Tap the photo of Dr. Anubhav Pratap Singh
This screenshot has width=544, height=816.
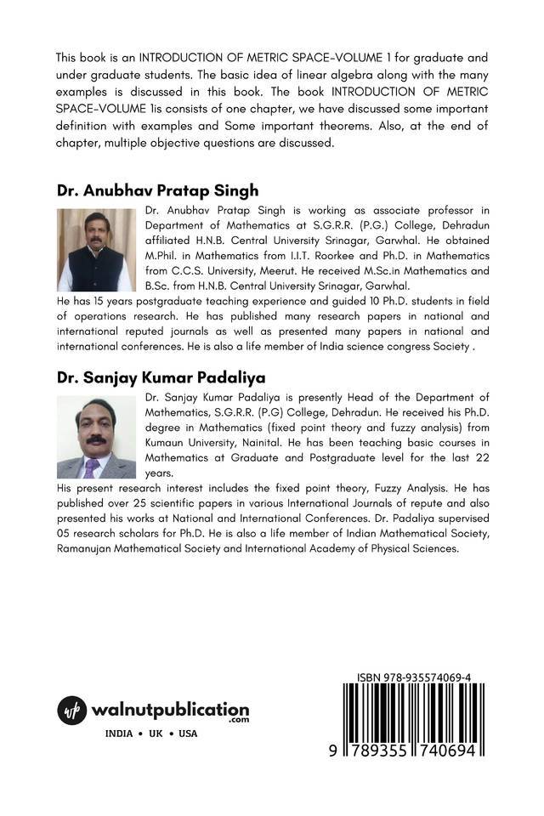click(x=96, y=250)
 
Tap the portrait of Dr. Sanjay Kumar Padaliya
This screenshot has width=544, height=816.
click(x=96, y=437)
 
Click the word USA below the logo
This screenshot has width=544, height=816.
click(x=187, y=734)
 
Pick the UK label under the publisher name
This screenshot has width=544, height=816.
click(x=156, y=734)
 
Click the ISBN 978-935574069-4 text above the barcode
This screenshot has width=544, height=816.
click(x=414, y=677)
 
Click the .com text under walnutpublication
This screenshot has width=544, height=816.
click(x=238, y=721)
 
